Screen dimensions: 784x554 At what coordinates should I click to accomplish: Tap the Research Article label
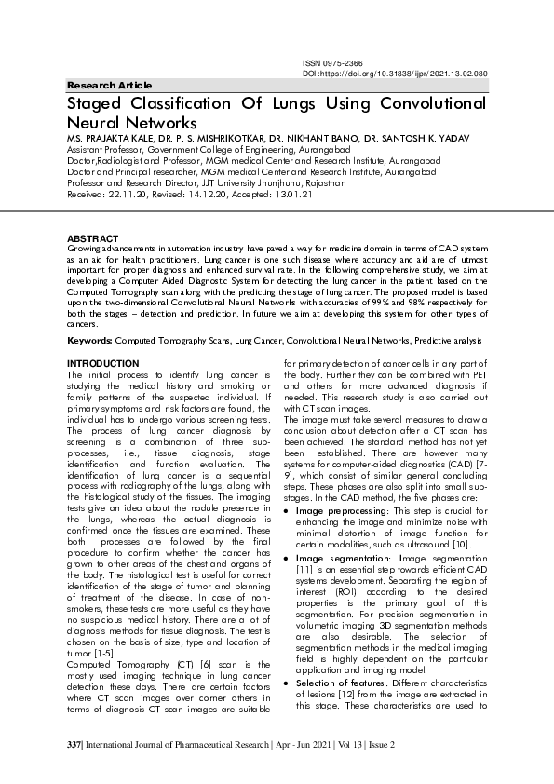pyautogui.click(x=109, y=85)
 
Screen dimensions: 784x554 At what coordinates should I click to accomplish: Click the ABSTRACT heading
pyautogui.click(x=93, y=239)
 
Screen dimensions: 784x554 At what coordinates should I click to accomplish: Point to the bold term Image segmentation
pyautogui.click(x=338, y=557)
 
